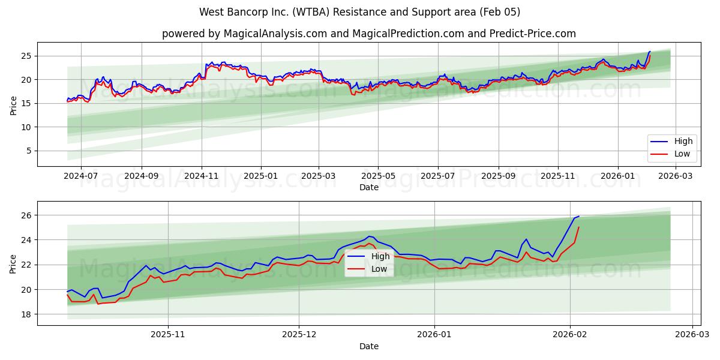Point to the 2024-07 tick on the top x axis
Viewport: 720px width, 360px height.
[x=80, y=176]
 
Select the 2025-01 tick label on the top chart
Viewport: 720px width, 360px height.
[x=261, y=176]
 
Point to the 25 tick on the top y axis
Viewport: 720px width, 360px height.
[x=27, y=56]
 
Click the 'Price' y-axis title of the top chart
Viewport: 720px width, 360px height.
[x=13, y=105]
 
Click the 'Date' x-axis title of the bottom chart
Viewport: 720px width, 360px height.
[x=368, y=346]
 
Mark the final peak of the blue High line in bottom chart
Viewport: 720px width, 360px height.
[x=578, y=216]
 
